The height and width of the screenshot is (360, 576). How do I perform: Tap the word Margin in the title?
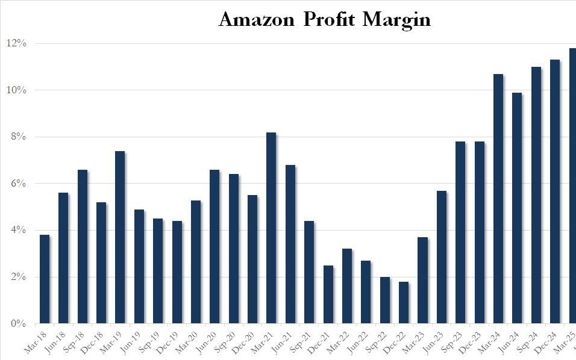click(397, 20)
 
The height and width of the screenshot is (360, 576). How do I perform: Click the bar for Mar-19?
click(120, 237)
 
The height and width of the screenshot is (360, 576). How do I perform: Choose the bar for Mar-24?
click(498, 199)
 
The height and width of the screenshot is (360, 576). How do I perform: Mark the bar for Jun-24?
click(517, 208)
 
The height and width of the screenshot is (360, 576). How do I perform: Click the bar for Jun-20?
click(214, 246)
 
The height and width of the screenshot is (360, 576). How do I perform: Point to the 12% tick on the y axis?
click(16, 43)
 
